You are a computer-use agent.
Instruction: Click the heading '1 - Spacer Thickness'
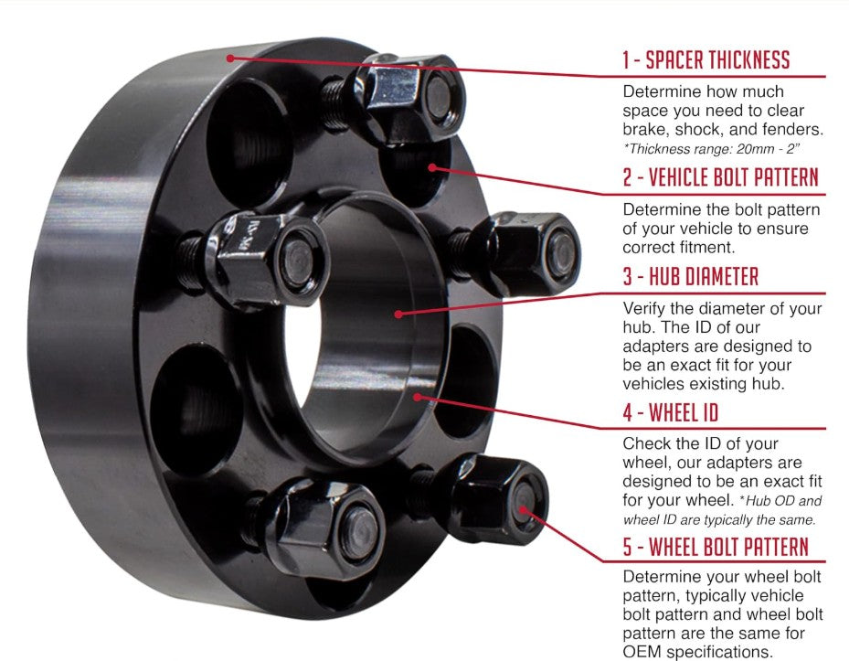706,61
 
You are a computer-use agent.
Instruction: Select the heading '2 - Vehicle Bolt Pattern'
720,176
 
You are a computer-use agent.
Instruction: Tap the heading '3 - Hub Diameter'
690,276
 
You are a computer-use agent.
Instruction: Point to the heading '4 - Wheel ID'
670,412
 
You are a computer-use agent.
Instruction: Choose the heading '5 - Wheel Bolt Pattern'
715,547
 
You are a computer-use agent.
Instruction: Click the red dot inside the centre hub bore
398,314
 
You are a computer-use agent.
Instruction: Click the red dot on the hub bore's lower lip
418,396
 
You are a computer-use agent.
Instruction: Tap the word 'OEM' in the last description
644,652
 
